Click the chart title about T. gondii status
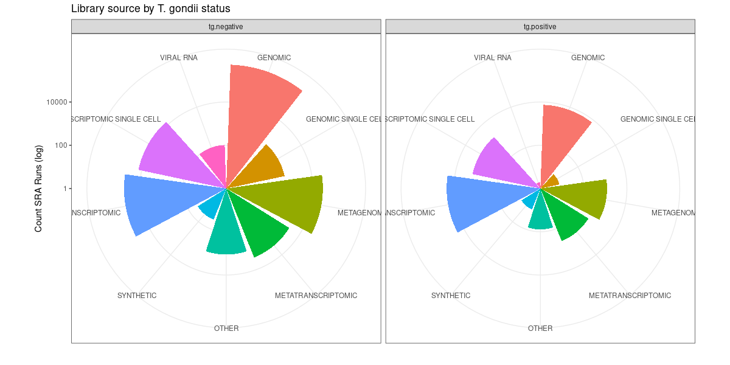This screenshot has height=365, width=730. pos(150,9)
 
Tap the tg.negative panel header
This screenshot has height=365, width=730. pos(226,27)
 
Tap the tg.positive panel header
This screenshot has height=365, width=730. pos(540,27)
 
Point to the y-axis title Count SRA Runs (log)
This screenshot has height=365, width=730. pos(39,189)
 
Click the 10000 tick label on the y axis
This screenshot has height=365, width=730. pos(58,102)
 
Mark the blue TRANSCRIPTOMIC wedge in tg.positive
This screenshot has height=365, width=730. pos(481,201)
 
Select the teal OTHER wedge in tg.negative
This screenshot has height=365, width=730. pos(226,234)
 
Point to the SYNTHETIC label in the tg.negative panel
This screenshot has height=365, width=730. pos(137,296)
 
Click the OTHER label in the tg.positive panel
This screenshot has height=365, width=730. pos(540,328)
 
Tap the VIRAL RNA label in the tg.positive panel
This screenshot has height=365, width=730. pos(493,58)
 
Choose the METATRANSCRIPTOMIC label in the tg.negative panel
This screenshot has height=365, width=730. pos(316,296)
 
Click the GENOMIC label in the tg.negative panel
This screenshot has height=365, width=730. pos(274,58)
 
